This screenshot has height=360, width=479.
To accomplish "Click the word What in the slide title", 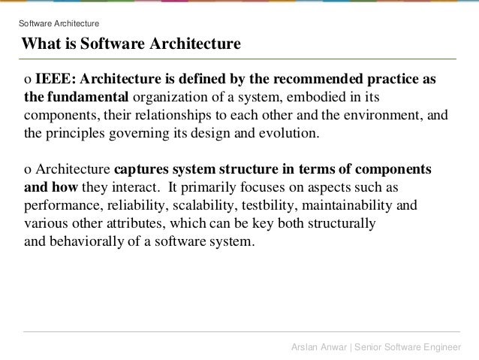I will (42, 44).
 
